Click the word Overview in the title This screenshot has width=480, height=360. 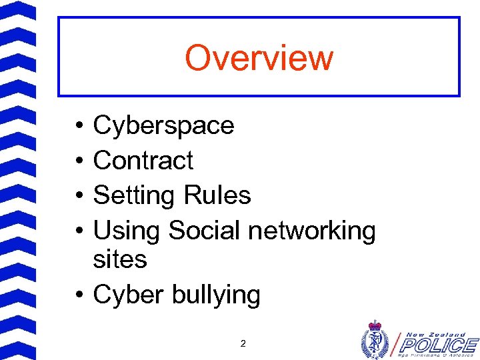[x=259, y=57]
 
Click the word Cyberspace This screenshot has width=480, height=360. [x=163, y=125]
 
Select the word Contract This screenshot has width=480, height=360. [x=143, y=161]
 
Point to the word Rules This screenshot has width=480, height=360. [x=217, y=195]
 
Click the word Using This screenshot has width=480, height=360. [x=127, y=231]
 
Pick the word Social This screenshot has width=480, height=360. [x=204, y=231]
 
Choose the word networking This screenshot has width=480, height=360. [x=312, y=231]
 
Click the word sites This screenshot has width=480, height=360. [x=120, y=259]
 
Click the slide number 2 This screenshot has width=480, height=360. [x=243, y=344]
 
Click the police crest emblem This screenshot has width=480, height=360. [x=375, y=339]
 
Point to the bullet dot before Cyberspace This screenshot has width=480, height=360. [x=79, y=126]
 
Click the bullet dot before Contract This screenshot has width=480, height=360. [x=79, y=161]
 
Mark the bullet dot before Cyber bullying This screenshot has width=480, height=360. [x=79, y=295]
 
